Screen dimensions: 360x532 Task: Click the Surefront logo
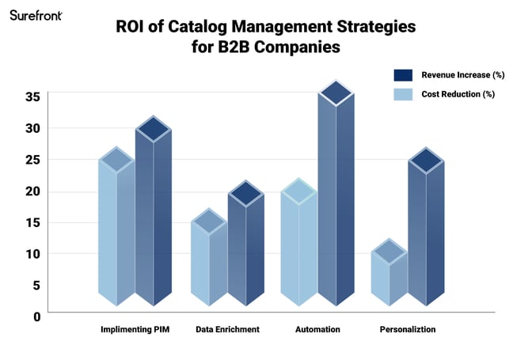[x=36, y=15]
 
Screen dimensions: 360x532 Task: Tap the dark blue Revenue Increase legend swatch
[x=404, y=76]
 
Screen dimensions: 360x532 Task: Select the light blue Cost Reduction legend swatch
[x=404, y=95]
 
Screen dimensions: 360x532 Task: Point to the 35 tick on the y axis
[x=32, y=97]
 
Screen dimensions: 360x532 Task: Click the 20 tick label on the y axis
[x=32, y=191]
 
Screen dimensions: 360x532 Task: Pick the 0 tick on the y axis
[x=36, y=316]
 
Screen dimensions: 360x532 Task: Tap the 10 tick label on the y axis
[x=32, y=254]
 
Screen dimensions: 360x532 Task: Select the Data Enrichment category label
[x=227, y=329]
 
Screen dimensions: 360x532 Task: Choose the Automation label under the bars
[x=317, y=329]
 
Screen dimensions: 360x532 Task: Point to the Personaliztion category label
[x=408, y=329]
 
